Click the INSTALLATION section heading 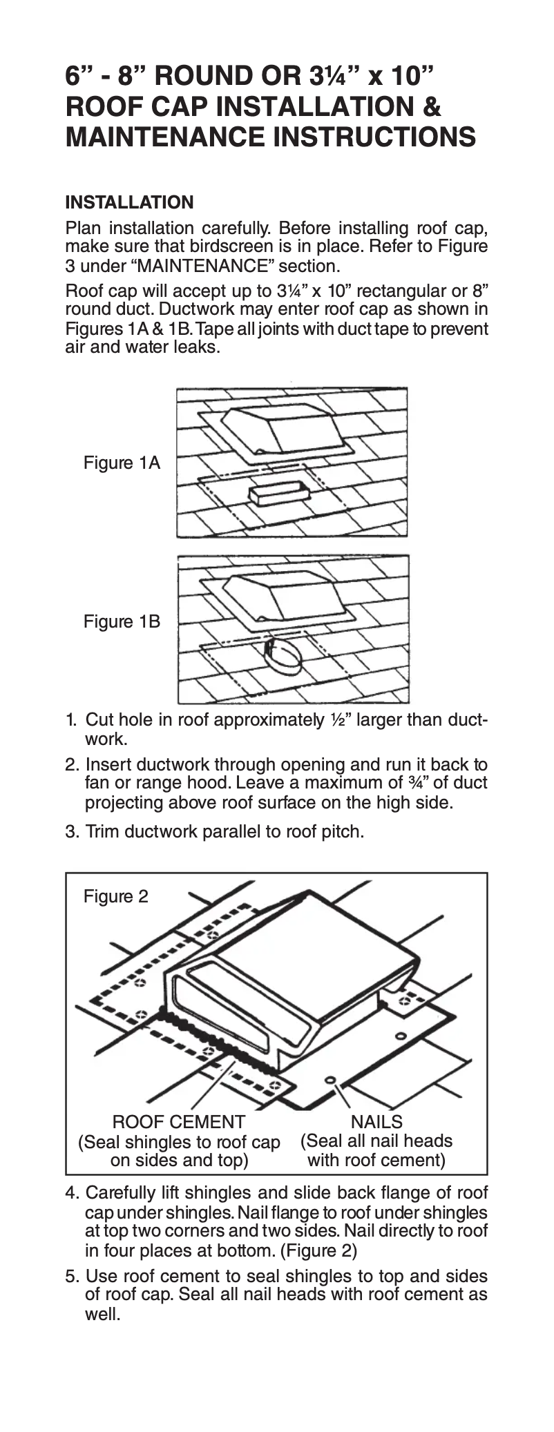(x=129, y=202)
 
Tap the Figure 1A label (x=122, y=463)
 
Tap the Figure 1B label (x=122, y=621)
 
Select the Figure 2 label (x=115, y=896)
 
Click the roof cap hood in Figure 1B (x=283, y=595)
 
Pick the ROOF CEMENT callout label (x=178, y=1122)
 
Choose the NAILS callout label (x=376, y=1121)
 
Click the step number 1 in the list (x=70, y=720)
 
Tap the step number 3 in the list (x=70, y=831)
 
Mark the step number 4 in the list (x=71, y=1193)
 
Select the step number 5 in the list (x=71, y=1276)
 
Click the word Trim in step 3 (x=101, y=831)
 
